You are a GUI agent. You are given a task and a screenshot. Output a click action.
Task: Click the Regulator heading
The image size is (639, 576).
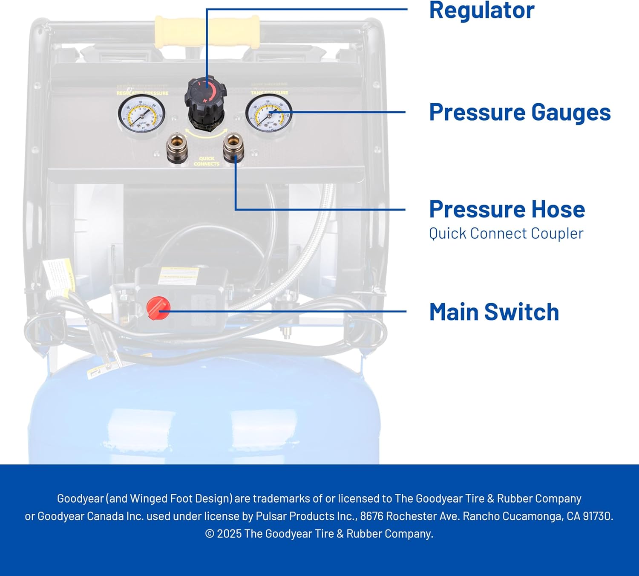click(x=481, y=11)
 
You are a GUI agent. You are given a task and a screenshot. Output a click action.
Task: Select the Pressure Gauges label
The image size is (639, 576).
click(x=520, y=113)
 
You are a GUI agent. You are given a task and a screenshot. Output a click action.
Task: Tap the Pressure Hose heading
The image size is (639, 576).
click(x=507, y=209)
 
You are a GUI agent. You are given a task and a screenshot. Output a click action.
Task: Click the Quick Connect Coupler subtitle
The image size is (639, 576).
click(x=506, y=234)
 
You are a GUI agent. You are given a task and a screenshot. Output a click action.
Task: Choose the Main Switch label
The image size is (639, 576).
click(x=494, y=312)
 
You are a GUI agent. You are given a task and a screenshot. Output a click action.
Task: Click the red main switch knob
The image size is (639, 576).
click(x=158, y=308)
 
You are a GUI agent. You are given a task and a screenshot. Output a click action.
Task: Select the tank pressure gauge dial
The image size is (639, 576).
click(x=269, y=113)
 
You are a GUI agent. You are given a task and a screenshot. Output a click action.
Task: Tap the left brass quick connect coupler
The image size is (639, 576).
click(x=177, y=148)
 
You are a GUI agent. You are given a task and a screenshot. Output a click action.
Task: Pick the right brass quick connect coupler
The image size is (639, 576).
click(x=234, y=147)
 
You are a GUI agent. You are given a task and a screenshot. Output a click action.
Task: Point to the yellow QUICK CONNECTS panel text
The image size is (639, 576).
click(x=207, y=161)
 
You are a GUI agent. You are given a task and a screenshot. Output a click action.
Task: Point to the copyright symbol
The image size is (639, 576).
click(x=210, y=534)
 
